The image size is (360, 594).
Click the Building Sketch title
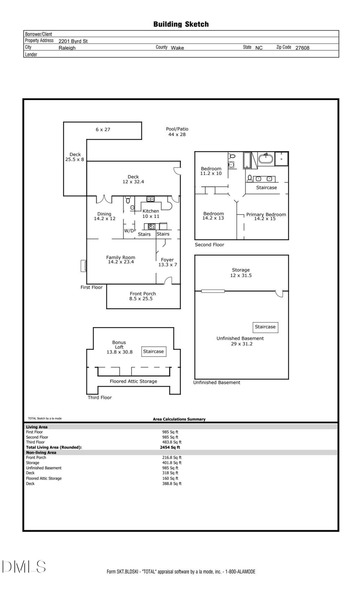point(181,24)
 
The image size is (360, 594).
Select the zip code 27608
point(302,48)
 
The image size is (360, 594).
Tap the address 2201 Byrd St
point(73,41)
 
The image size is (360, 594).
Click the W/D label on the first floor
point(129,231)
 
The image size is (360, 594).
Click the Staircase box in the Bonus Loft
point(154,351)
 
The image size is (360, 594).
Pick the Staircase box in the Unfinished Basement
point(265,327)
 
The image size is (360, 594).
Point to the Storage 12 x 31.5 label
point(241,273)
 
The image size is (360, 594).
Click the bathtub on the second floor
point(265,159)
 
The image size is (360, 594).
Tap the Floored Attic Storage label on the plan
point(133,381)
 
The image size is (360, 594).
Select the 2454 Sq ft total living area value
point(170,448)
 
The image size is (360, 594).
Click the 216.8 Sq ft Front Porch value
point(172,458)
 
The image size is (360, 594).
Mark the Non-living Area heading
point(41,453)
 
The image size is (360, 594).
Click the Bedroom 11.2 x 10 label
point(211,171)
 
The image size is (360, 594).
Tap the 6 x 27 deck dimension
point(103,130)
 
